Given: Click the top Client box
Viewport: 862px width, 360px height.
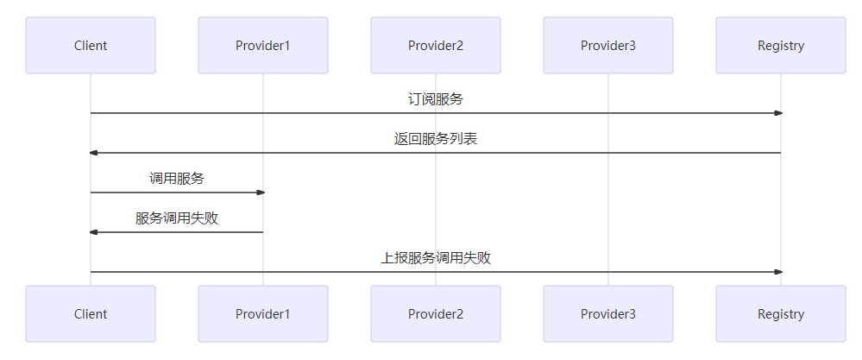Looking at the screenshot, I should pos(91,46).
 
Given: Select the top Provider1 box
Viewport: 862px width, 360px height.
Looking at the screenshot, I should pos(263,46).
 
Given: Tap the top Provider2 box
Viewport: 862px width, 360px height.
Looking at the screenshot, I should pos(436,46).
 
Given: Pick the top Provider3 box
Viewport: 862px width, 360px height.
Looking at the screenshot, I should pos(608,46).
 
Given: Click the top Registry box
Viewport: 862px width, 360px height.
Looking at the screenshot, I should pos(781,46).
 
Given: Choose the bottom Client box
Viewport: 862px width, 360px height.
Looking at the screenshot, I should pos(91,314).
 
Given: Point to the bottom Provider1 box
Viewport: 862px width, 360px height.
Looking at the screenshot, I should pos(263,314).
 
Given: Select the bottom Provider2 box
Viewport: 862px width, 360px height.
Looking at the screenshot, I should pos(436,314).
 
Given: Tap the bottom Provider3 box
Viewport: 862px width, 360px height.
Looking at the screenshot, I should pos(608,314).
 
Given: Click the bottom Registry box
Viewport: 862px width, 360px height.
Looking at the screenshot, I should pos(781,314).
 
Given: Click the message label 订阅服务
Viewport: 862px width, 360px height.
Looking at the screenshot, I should pos(436,99).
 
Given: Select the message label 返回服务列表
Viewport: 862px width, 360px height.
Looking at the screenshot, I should pos(436,139).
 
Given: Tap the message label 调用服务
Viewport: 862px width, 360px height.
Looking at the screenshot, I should pos(177,179).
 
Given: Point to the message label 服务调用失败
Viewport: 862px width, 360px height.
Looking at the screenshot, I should pos(177,218).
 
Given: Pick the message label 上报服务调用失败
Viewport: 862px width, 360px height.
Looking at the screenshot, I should pos(436,258).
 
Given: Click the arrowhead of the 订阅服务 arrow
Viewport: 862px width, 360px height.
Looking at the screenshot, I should pos(778,113).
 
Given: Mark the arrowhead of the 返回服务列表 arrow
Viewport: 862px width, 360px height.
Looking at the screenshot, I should pos(93,153).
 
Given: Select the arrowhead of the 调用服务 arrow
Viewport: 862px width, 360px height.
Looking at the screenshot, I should pos(261,193).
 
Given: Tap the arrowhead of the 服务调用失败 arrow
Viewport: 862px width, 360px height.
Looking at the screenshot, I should pos(93,232).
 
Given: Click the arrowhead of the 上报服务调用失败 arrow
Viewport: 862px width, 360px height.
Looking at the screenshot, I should pos(778,272).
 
